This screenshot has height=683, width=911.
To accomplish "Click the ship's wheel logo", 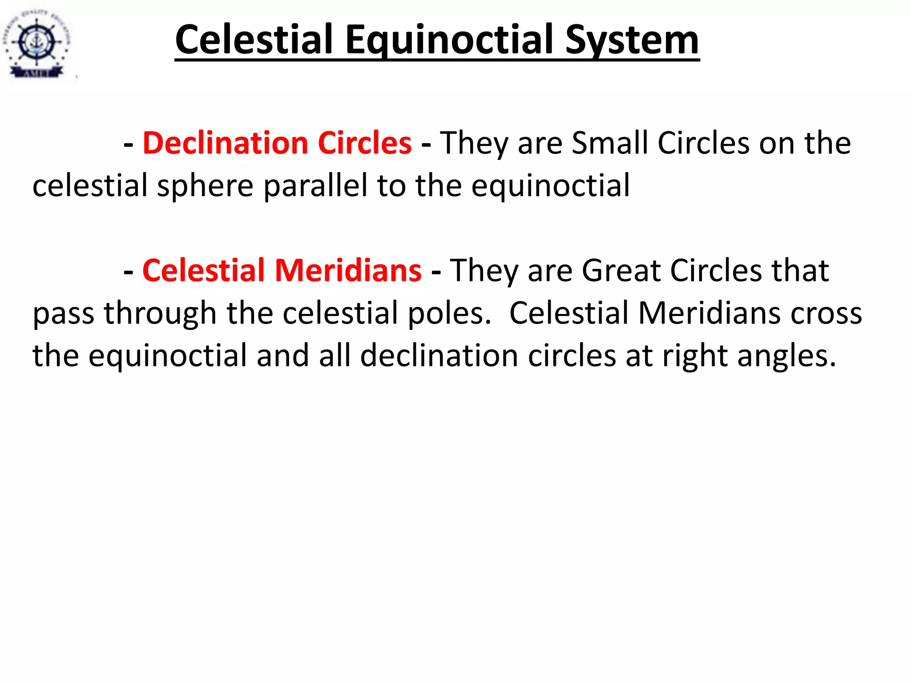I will click(36, 42).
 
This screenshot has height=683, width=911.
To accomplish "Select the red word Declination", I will click(226, 143).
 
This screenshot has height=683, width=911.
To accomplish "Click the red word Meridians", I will click(348, 270).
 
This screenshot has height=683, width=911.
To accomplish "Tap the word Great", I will click(621, 270).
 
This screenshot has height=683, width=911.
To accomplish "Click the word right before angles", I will click(694, 356).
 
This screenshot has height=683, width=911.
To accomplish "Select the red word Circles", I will click(365, 143).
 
